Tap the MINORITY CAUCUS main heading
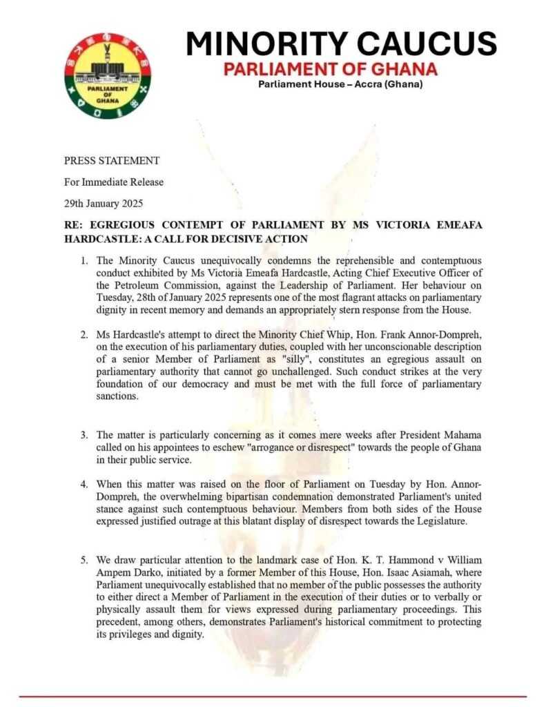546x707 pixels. (x=341, y=43)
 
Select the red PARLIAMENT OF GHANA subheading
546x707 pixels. (x=330, y=69)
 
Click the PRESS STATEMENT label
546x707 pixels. (x=112, y=161)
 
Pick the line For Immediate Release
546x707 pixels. (x=114, y=182)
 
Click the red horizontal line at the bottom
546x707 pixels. (x=273, y=697)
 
